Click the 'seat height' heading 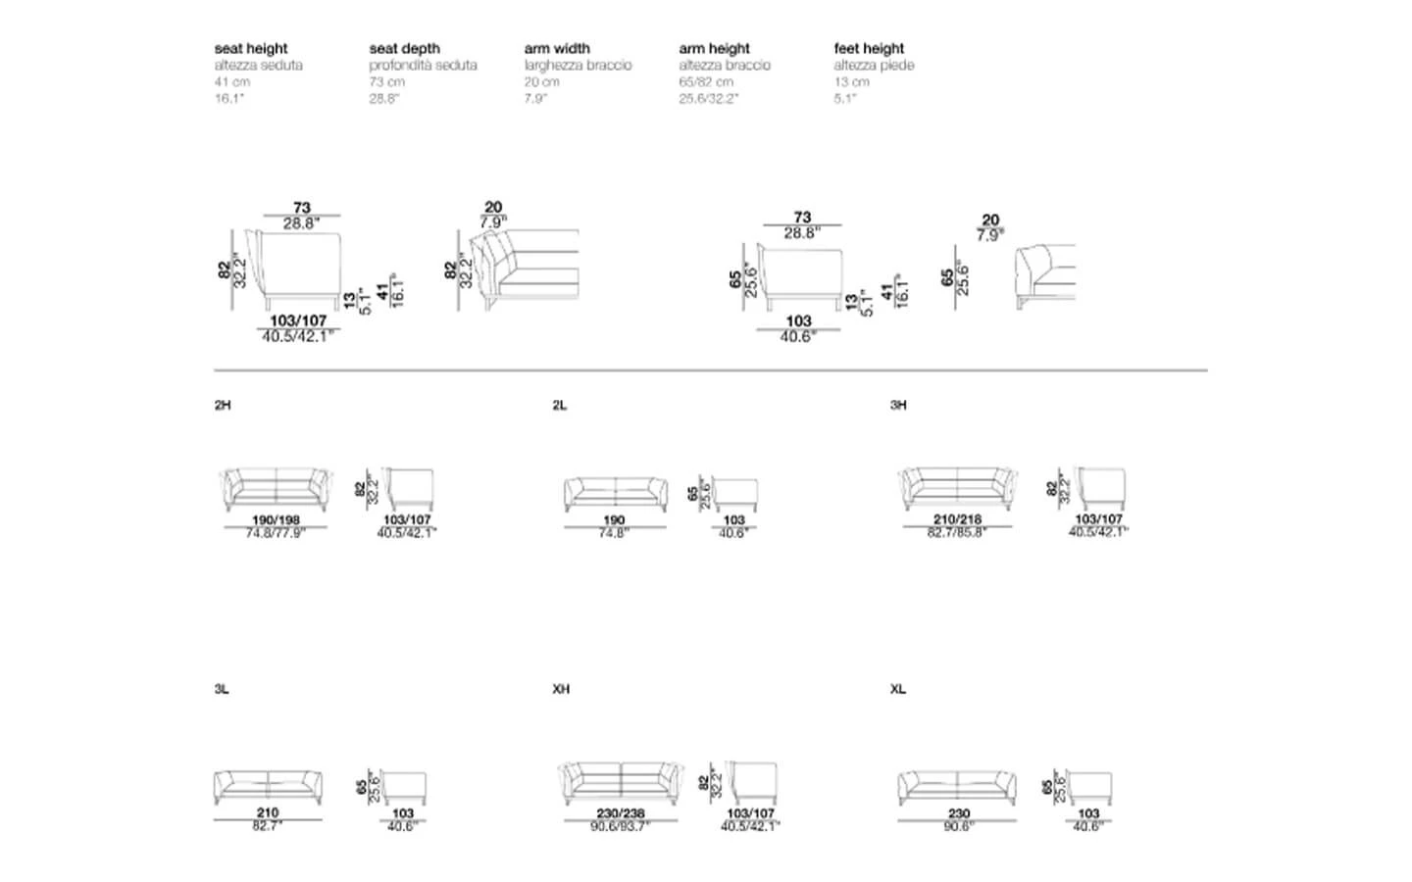pos(251,48)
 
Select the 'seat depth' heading pos(404,48)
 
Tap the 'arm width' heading pos(557,48)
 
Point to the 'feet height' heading pos(869,48)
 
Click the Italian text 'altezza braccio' pos(725,65)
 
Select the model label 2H pos(223,405)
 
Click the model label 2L pos(560,405)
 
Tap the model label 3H pos(898,405)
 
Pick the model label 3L pos(222,689)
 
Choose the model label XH pos(561,689)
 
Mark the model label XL pos(898,689)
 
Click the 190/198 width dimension pos(276,520)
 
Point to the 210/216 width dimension pos(957,519)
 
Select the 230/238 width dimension pos(621,813)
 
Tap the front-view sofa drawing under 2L pos(614,493)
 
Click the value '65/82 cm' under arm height pos(706,81)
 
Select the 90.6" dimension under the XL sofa pos(958,826)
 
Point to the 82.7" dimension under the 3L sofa pos(267,826)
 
